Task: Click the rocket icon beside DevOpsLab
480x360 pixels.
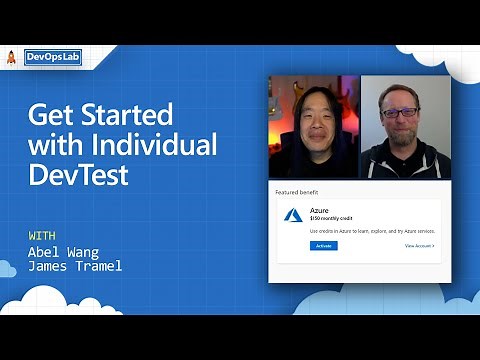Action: (12, 57)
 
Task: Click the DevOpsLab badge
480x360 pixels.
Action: (52, 57)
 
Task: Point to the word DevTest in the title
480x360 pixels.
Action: (78, 178)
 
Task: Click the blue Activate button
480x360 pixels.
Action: (324, 245)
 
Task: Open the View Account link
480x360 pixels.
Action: (419, 245)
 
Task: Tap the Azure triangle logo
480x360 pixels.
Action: (293, 214)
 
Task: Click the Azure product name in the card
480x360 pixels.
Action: (319, 210)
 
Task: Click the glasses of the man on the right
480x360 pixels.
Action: (400, 113)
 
